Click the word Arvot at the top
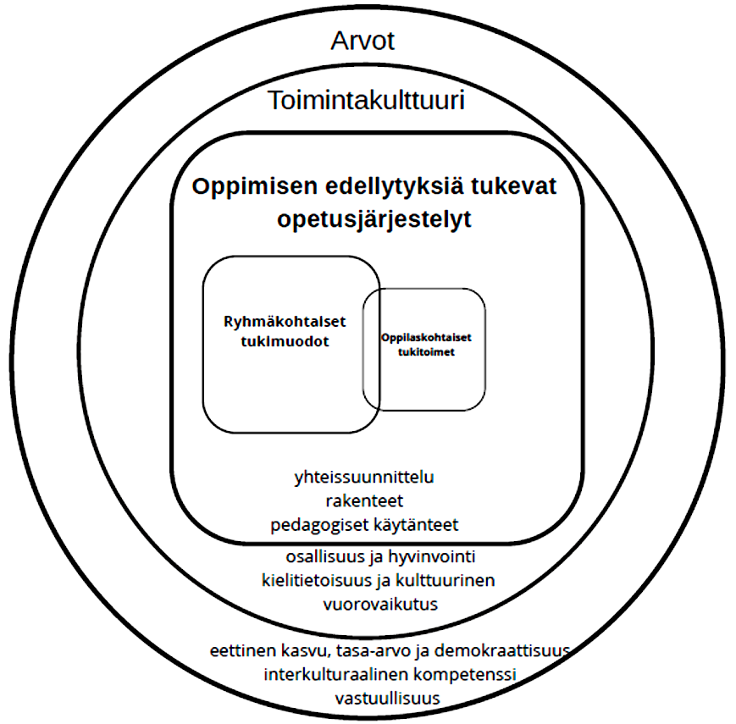[x=362, y=41]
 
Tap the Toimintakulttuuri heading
[x=366, y=101]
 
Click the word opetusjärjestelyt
[x=374, y=219]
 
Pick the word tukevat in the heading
[x=513, y=185]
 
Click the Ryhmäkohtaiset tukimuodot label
[x=285, y=331]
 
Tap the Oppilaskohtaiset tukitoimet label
[x=426, y=345]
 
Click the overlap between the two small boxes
[x=371, y=349]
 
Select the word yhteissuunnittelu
[x=364, y=478]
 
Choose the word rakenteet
[x=364, y=500]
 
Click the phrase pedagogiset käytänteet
[x=364, y=525]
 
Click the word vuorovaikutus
[x=380, y=604]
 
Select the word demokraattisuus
[x=501, y=651]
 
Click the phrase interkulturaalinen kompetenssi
[x=390, y=675]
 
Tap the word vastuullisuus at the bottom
[x=387, y=699]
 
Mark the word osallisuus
[x=325, y=557]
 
